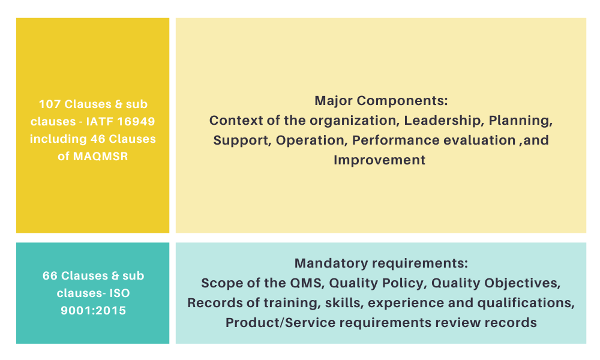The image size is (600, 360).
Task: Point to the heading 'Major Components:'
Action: [381, 101]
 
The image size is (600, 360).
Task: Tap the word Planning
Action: [520, 120]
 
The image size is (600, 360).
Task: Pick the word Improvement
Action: [379, 160]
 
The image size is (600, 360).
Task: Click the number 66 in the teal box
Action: [50, 276]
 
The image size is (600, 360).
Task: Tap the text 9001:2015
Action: [93, 311]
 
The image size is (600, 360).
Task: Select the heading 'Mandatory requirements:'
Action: [381, 263]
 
